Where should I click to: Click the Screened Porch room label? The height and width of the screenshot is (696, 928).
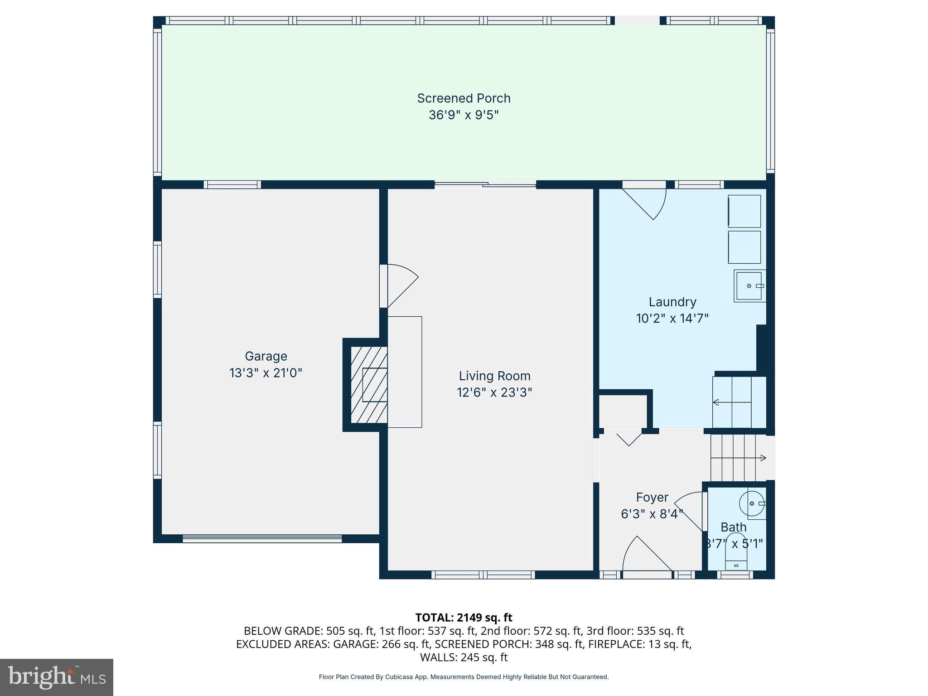pos(464,98)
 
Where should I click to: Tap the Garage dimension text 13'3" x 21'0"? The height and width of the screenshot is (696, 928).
pos(266,373)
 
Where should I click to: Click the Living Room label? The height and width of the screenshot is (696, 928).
pos(494,376)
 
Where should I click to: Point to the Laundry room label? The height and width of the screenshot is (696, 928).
pos(672,302)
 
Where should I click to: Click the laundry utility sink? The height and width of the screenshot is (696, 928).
pos(749,286)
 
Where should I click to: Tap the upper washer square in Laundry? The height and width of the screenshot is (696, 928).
pos(744,211)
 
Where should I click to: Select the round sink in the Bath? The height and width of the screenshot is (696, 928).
pos(752,503)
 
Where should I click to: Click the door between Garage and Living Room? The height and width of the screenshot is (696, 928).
pos(399,285)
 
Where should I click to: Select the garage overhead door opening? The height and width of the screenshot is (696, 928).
pos(262,538)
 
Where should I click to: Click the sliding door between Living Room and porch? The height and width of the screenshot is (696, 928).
pos(485,184)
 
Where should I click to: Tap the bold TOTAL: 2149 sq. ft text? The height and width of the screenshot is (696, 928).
pos(464,618)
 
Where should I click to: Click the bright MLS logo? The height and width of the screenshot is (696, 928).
pos(56,677)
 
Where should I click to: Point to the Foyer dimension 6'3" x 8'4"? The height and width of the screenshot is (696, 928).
pos(652,514)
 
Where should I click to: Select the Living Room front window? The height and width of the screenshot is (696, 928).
pos(483,575)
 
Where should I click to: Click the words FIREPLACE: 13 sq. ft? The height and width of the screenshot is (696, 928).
pos(640,644)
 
